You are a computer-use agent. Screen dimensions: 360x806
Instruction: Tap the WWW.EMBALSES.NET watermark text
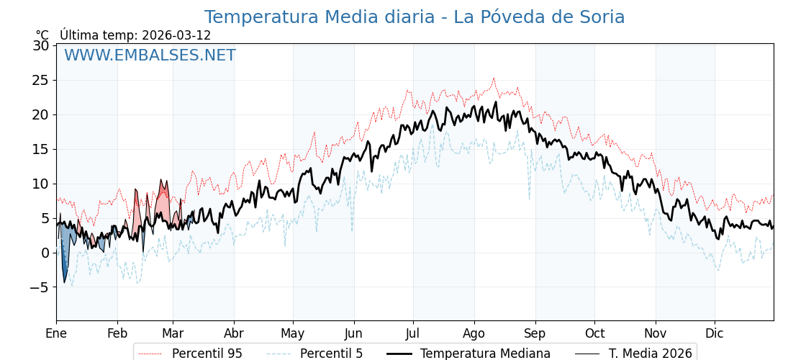click(150, 55)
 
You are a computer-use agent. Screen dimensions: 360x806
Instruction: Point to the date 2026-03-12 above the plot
click(176, 35)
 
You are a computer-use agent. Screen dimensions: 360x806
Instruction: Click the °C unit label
click(42, 35)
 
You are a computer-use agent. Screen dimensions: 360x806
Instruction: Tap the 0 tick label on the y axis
click(45, 253)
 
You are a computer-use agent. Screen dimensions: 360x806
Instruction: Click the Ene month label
click(56, 333)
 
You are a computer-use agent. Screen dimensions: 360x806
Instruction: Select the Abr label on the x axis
click(234, 333)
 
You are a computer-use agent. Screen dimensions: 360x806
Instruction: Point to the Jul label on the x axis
click(413, 333)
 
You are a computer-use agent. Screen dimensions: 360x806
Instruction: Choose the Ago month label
click(474, 333)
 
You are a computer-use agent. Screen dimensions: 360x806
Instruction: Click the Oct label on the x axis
click(594, 333)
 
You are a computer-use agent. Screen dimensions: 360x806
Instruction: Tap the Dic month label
click(715, 333)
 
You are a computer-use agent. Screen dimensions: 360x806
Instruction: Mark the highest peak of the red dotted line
click(494, 78)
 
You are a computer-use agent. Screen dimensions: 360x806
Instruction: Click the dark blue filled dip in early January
click(64, 266)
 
